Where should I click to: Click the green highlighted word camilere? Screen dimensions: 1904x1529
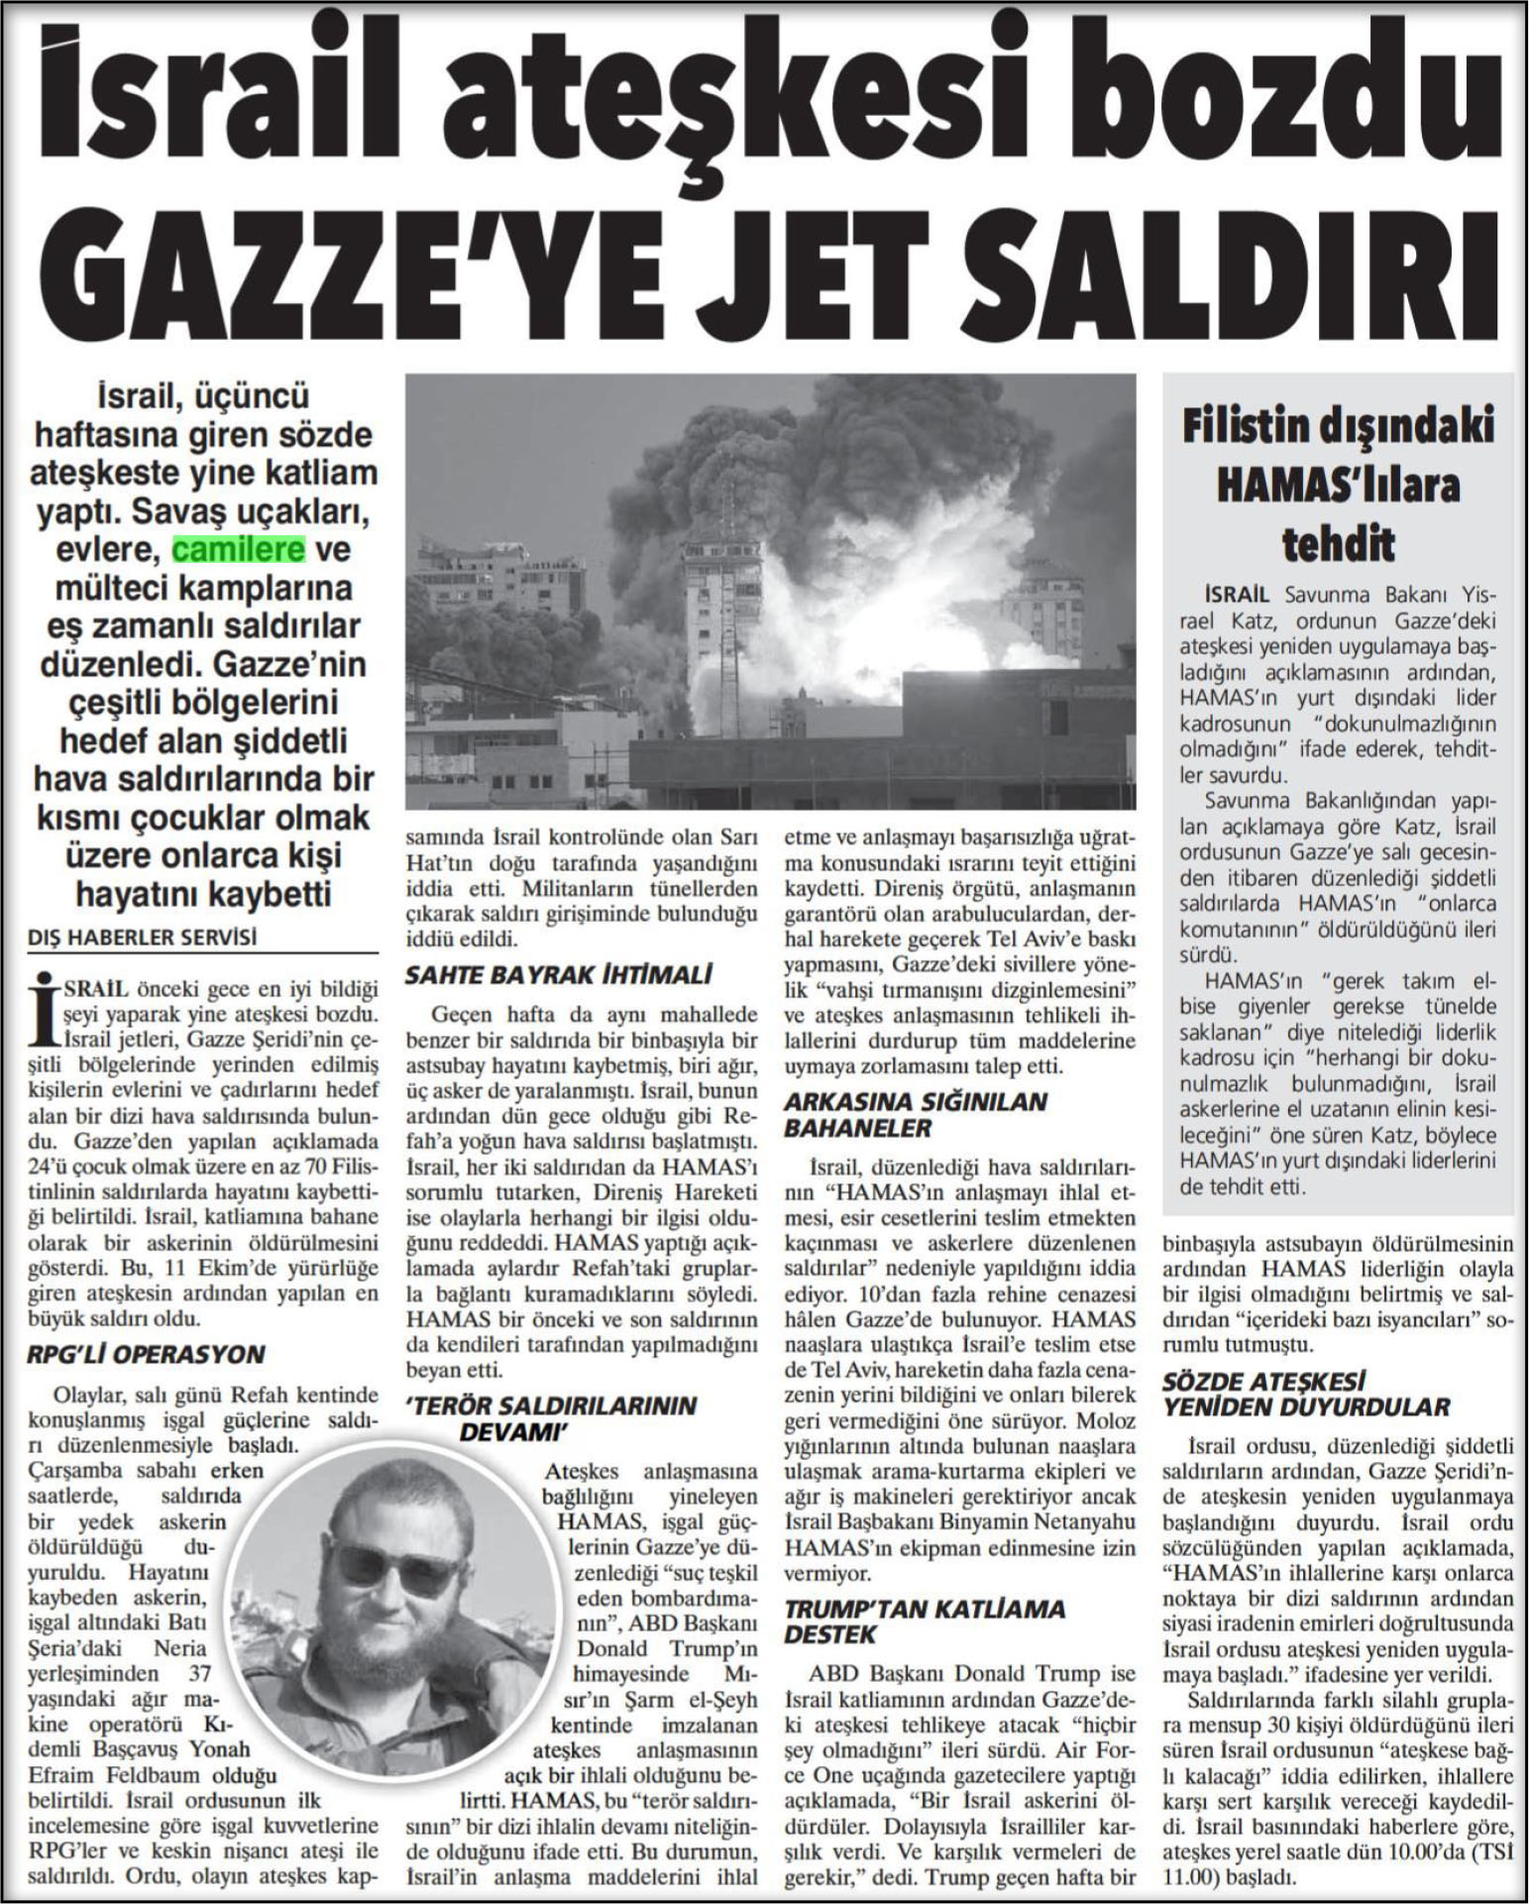pos(239,549)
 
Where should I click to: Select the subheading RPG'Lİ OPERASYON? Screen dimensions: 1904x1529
pos(146,1354)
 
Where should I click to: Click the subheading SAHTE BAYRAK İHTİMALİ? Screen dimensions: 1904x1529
pos(558,975)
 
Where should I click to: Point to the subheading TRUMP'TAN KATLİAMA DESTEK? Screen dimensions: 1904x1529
pos(924,1621)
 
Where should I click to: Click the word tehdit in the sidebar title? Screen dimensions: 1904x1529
pos(1338,545)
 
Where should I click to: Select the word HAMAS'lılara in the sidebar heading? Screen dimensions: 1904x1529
pos(1338,487)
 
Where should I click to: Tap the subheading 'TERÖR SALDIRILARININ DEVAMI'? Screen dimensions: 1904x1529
pos(550,1418)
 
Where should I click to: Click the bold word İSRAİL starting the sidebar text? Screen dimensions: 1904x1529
pos(1237,596)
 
